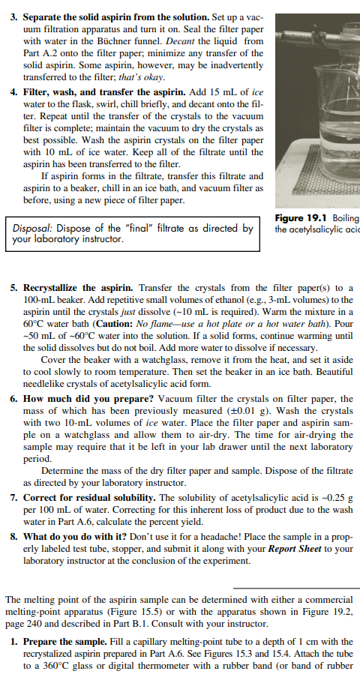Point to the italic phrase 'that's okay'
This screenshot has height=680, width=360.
[142, 76]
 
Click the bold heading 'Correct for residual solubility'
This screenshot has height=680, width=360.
[91, 497]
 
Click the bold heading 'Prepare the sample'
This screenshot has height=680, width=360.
[66, 642]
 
